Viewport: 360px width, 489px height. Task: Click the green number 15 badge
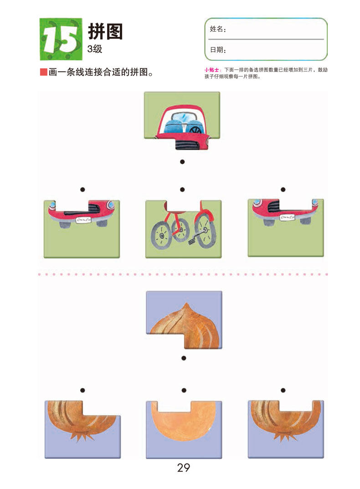pos(61,39)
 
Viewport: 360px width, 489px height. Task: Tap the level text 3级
pos(95,49)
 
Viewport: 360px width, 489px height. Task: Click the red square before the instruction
pos(44,72)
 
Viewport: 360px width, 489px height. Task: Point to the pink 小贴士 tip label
pos(212,70)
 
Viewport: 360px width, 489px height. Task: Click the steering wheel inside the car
pos(196,129)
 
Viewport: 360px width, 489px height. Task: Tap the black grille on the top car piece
pos(187,144)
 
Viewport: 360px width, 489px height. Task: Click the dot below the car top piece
pos(182,161)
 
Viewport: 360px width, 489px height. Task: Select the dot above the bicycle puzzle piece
pos(182,189)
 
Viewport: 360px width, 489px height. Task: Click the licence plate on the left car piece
pos(83,220)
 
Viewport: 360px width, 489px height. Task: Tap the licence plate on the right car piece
pos(287,218)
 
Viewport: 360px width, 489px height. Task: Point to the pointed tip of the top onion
pos(186,304)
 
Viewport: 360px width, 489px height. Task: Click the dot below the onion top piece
pos(184,358)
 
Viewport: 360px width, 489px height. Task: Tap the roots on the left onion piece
pos(82,436)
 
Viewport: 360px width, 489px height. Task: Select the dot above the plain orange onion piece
pos(184,390)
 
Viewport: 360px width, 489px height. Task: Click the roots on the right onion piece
pos(284,436)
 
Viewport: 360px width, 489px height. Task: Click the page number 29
pos(184,468)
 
